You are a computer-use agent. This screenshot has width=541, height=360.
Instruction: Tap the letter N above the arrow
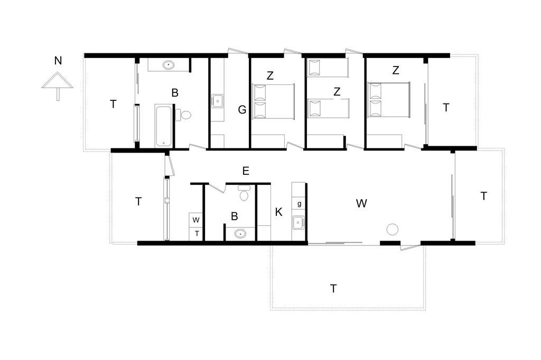tap(58, 61)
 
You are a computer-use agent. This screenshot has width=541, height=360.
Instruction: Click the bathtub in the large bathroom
tap(163, 126)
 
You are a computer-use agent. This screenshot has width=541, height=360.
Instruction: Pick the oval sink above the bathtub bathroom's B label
tap(169, 65)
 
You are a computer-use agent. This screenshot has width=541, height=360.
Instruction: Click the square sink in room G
tap(217, 101)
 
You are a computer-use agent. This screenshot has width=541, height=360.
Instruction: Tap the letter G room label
tap(242, 110)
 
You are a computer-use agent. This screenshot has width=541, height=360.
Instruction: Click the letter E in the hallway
tap(246, 170)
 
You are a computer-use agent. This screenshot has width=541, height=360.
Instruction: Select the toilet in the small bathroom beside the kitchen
tap(244, 193)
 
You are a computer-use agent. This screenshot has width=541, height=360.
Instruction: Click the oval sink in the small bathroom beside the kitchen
tap(240, 234)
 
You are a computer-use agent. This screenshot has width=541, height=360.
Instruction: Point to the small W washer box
tap(196, 220)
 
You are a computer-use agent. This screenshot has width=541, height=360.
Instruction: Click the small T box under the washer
tap(197, 234)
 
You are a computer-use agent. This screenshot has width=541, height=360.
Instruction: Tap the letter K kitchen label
tap(279, 212)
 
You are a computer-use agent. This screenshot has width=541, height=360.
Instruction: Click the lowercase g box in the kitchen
tap(299, 204)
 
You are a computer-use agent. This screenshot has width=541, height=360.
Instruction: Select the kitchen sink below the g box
tap(298, 223)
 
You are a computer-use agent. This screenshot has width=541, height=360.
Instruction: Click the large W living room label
tap(361, 203)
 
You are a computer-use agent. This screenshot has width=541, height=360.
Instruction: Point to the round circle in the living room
tap(393, 229)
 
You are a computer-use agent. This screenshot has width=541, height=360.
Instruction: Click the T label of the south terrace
tap(333, 288)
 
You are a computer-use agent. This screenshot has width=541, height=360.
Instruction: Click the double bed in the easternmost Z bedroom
tap(389, 100)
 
